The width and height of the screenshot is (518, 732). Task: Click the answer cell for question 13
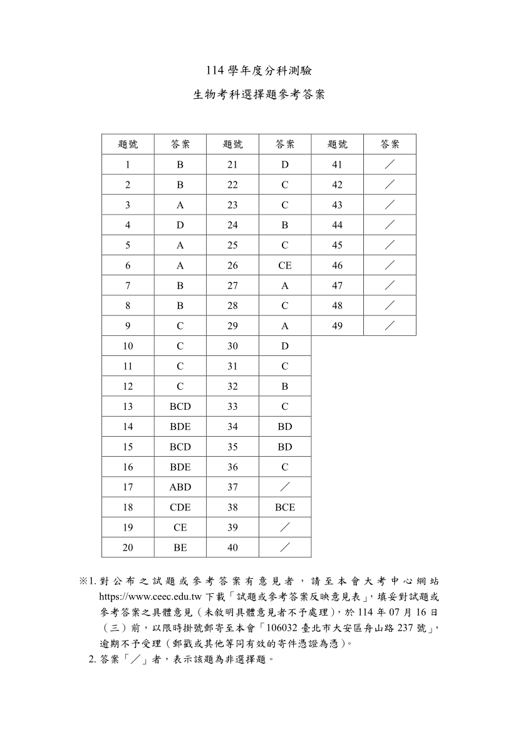coord(180,407)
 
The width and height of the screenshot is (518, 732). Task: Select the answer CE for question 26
coord(284,265)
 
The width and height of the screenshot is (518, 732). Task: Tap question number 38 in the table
coord(232,507)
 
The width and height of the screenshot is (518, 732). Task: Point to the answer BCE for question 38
coord(284,507)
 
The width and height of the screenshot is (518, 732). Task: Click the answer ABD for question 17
coord(180,487)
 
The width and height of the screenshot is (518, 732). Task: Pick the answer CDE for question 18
coord(180,507)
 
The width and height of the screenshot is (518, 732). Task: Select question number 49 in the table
coord(337,326)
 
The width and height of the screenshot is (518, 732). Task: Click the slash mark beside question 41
coord(390,165)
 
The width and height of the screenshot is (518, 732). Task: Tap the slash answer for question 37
coord(284,487)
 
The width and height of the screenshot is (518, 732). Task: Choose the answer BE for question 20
coord(180,547)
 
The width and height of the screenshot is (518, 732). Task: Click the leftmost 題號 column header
coord(128,145)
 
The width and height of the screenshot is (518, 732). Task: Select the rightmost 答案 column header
coord(390,145)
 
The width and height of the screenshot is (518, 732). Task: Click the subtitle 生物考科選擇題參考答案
coord(259,96)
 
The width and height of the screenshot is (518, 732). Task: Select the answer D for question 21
coord(284,165)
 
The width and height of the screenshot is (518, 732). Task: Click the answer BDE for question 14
coord(180,427)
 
